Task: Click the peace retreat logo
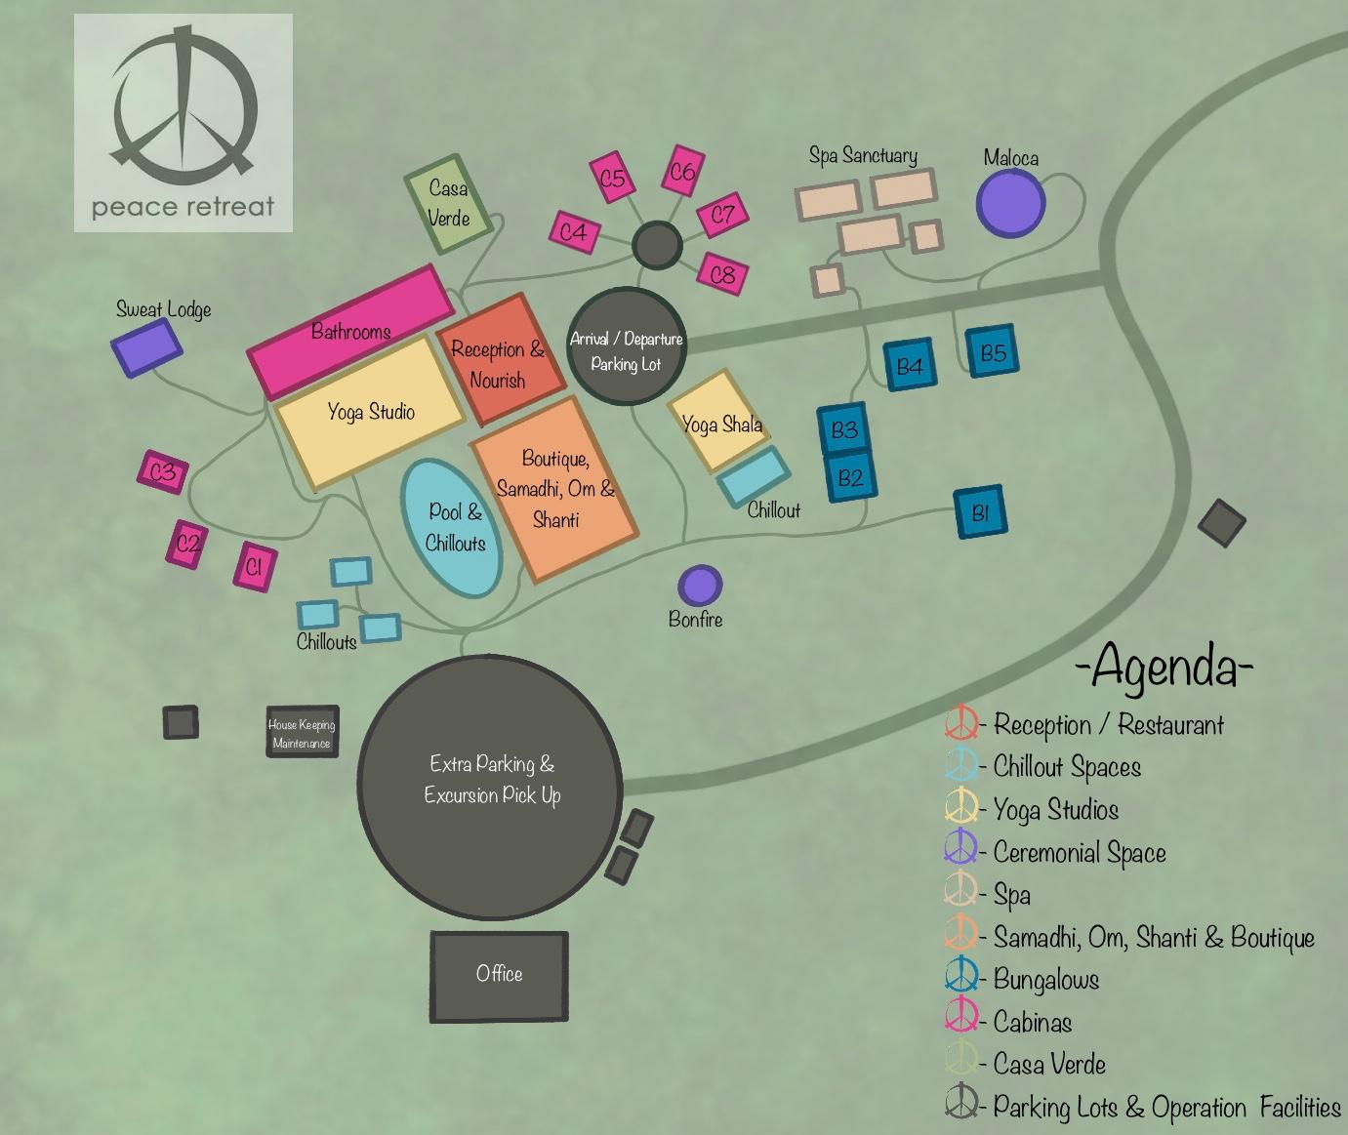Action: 183,122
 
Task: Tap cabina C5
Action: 612,178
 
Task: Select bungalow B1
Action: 980,512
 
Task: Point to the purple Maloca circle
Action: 1011,203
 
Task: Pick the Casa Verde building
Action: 447,203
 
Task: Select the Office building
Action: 499,975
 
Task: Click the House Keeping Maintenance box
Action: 302,733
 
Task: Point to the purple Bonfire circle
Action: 699,586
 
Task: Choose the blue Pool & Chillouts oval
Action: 452,528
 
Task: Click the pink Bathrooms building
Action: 349,330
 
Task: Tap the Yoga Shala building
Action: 719,421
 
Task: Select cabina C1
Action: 255,566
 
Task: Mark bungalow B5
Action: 992,351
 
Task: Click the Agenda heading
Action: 1164,668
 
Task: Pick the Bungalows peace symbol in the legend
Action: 961,977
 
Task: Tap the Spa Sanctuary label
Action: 863,155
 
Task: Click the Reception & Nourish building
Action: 499,362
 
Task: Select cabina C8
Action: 722,274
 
